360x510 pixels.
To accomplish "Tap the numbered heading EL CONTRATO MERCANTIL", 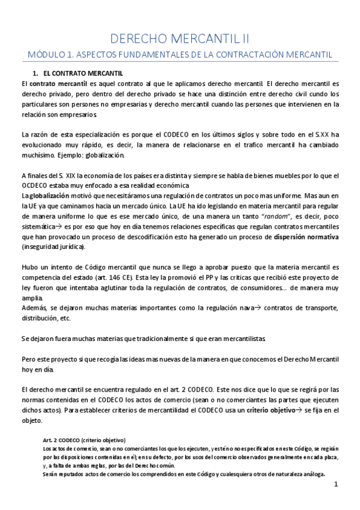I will [x=87, y=73].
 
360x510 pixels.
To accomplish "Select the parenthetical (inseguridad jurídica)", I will [x=53, y=247].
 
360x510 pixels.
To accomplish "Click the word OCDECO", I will [x=35, y=185].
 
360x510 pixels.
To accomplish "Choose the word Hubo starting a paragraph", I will [x=29, y=266].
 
